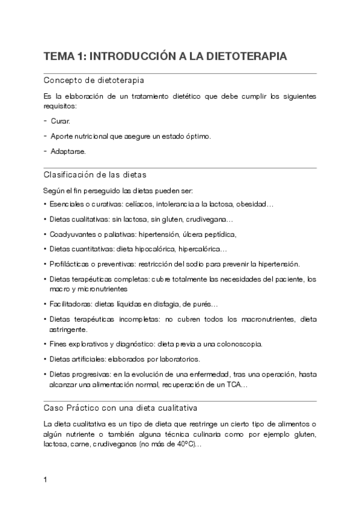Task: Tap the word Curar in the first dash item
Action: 60,121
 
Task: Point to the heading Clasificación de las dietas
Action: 95,175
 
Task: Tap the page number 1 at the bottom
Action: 46,480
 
